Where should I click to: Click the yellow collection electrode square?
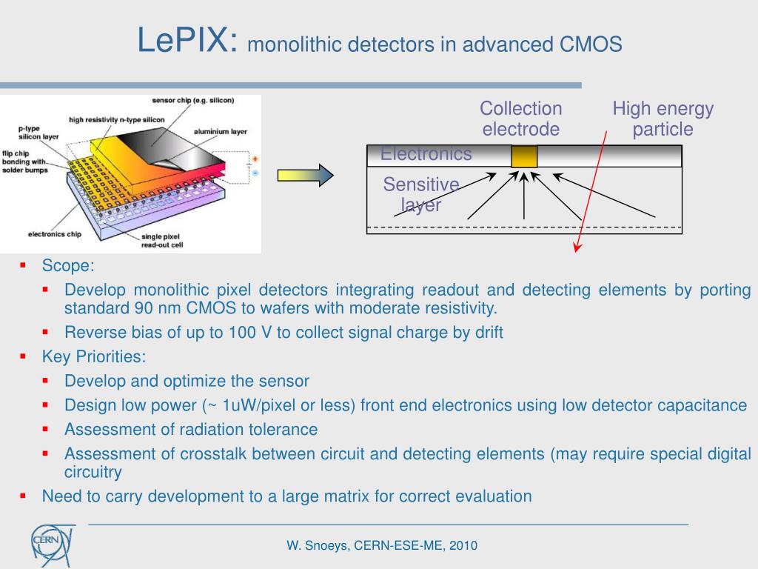[524, 156]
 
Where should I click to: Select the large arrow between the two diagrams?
[305, 175]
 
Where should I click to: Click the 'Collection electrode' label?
[520, 119]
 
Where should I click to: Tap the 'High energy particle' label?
[663, 119]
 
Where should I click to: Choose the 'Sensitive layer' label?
[421, 194]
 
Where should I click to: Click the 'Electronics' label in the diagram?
[426, 154]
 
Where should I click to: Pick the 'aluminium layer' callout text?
[220, 131]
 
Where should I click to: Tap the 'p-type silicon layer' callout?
[34, 132]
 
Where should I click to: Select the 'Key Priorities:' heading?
[94, 356]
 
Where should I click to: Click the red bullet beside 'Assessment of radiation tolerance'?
[46, 428]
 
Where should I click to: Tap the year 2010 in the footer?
[461, 546]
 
